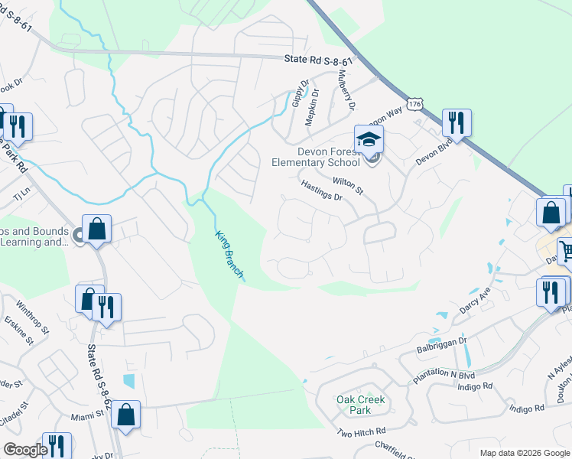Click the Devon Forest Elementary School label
pos(316,156)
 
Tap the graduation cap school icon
pos(369,140)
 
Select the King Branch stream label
pos(229,256)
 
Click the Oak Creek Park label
pos(361,405)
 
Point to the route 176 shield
pos(414,103)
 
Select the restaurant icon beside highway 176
pos(457,122)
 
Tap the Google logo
pos(25,450)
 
